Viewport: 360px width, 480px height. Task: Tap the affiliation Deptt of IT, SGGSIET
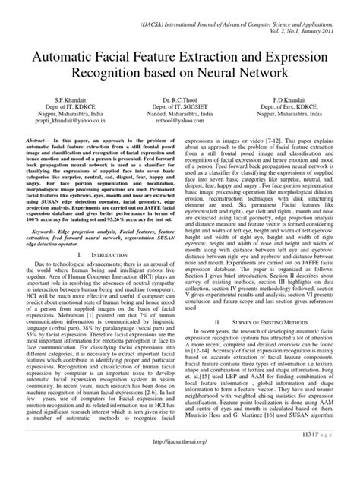point(179,107)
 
